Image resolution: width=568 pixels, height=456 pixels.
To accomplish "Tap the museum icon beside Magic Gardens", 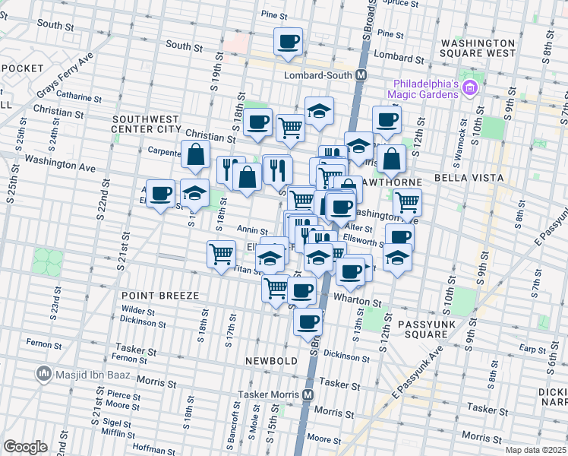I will pyautogui.click(x=470, y=89).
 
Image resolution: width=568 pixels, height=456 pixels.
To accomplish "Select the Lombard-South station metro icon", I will pyautogui.click(x=361, y=75).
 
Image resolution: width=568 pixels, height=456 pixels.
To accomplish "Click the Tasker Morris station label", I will pyautogui.click(x=270, y=395).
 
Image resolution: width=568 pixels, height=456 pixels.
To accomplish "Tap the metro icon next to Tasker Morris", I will pyautogui.click(x=308, y=395).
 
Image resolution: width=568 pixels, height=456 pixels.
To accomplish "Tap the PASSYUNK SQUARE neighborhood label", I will pyautogui.click(x=423, y=328).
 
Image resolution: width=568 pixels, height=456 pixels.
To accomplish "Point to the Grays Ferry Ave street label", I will pyautogui.click(x=65, y=76).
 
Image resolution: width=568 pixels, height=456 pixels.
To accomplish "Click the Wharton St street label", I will pyautogui.click(x=360, y=302).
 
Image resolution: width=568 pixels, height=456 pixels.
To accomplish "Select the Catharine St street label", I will pyautogui.click(x=79, y=97).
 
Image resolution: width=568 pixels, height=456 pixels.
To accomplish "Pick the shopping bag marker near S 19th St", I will pyautogui.click(x=196, y=154).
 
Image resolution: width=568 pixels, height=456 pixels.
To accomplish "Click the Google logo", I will pyautogui.click(x=25, y=446).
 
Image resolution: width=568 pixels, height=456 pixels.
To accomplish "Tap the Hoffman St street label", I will pyautogui.click(x=153, y=449).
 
